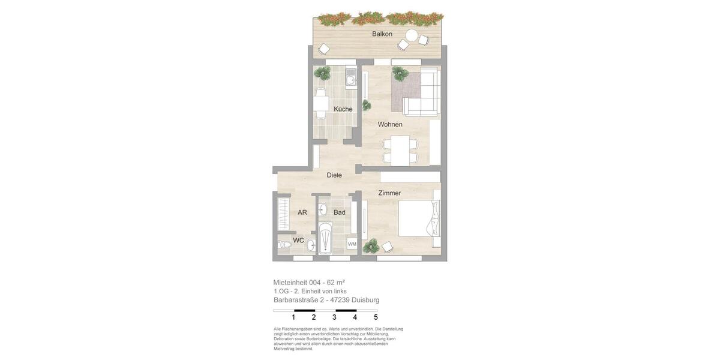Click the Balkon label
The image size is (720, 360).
pos(382,34)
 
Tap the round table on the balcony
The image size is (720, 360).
pos(412,35)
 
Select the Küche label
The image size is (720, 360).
pos(343,109)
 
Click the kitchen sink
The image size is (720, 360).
pos(350,79)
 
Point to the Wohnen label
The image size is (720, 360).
pos(390,125)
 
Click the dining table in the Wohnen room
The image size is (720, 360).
pos(400,150)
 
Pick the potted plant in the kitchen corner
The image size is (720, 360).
pos(323,73)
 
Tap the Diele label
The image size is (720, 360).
pos(334,175)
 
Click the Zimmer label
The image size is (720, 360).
pos(389,193)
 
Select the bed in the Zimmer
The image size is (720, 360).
pos(419,218)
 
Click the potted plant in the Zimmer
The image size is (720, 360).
pos(371,245)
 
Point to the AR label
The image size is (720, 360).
pos(302,212)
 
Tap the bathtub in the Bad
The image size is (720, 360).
pos(325,239)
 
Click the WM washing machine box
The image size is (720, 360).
pos(352,244)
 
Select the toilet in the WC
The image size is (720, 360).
pos(284,244)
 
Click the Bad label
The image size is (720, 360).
pos(340,212)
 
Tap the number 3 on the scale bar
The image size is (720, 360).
pos(334,317)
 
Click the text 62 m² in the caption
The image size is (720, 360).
pos(335,283)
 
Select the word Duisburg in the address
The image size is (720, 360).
pos(365,300)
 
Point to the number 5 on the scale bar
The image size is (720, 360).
pos(376,317)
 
